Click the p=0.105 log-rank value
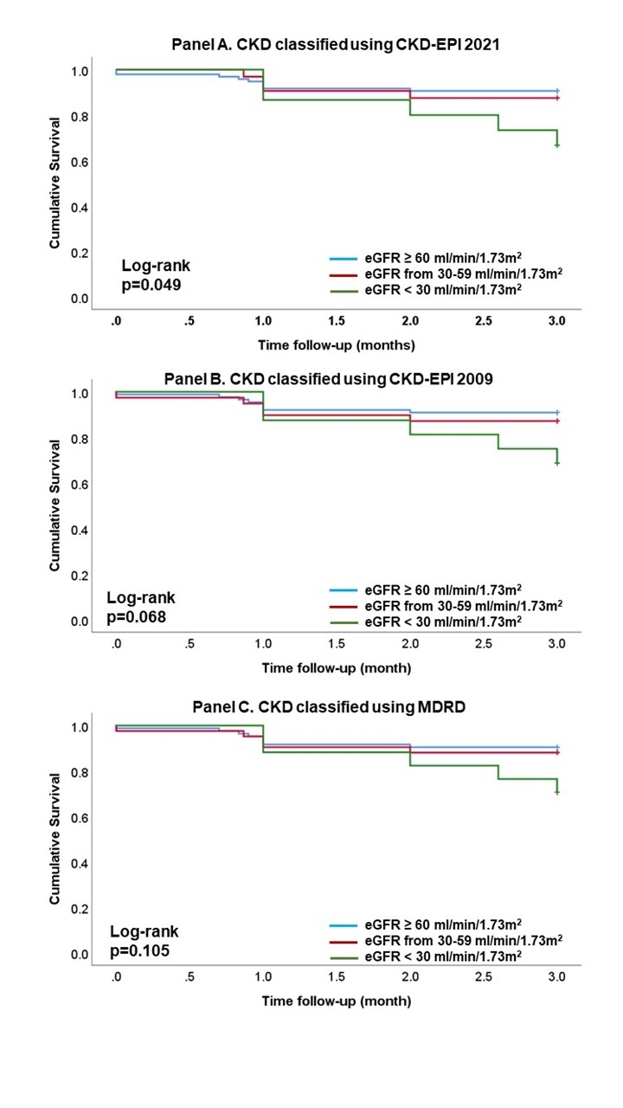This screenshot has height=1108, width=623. [144, 950]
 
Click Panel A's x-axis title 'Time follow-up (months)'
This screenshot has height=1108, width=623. [336, 345]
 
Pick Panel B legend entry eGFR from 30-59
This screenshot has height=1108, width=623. [462, 605]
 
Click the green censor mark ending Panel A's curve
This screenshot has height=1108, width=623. [557, 145]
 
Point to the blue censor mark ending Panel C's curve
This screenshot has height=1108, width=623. [557, 747]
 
